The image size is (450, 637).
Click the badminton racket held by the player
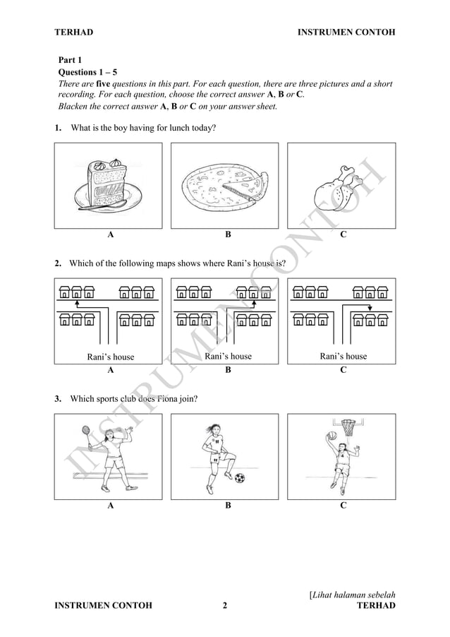point(86,429)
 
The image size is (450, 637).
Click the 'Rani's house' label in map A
point(110,357)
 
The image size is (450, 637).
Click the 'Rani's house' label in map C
point(343,356)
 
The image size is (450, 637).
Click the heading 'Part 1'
point(71,61)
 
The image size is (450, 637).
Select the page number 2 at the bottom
point(224,606)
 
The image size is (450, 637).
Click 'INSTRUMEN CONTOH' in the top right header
point(346,32)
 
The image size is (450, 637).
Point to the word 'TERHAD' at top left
point(73,32)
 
